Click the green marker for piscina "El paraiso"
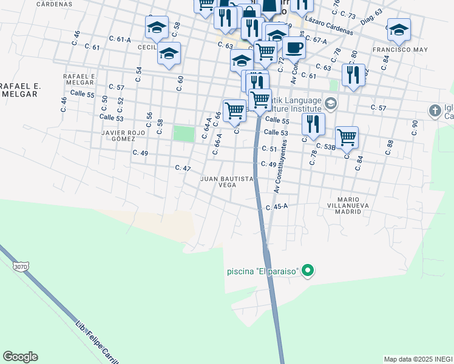tap(308, 271)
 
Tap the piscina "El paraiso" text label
tap(263, 271)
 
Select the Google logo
tap(20, 357)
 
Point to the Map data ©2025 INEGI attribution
tap(418, 359)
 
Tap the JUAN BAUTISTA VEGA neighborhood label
tap(226, 182)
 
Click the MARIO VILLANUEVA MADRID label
tap(353, 206)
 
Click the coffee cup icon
tap(294, 47)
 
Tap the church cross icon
tap(435, 111)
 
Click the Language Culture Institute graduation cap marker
tap(330, 103)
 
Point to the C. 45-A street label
tap(276, 207)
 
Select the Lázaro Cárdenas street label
tap(330, 26)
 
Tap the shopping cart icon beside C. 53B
tap(347, 136)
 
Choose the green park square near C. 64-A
tap(182, 133)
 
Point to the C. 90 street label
tap(415, 127)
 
